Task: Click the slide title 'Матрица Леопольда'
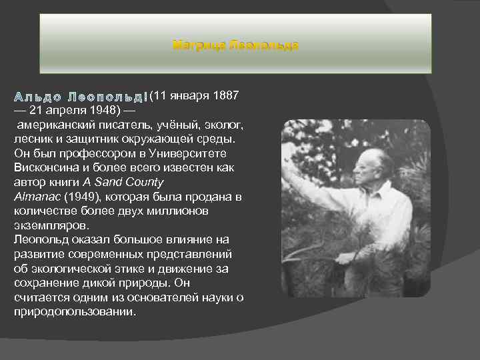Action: pyautogui.click(x=235, y=45)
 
